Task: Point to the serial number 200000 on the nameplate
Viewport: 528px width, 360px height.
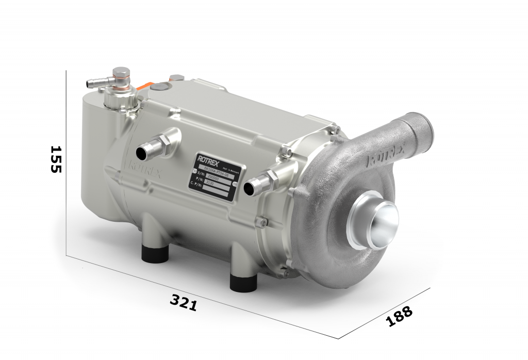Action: tap(212, 176)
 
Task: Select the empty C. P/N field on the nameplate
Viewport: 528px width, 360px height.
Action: tap(215, 190)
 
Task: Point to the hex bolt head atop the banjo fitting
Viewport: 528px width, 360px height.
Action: tap(121, 73)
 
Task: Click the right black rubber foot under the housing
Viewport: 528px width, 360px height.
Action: tap(243, 281)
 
